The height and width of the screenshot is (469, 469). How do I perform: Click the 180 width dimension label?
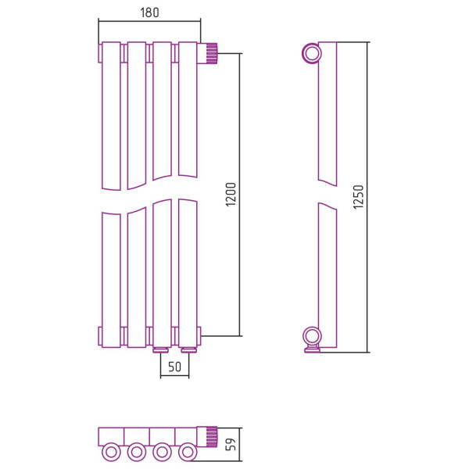point(149,13)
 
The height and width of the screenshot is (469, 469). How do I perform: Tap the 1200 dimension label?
point(231,195)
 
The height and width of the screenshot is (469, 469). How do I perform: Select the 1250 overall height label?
point(358,197)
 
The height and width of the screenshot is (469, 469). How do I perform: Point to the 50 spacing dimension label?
point(174,367)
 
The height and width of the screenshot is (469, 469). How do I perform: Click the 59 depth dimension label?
point(231,445)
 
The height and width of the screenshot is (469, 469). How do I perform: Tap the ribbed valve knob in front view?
point(212,53)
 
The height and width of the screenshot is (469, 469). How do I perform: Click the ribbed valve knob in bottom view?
point(212,437)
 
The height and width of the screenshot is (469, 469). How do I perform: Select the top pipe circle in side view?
point(312,53)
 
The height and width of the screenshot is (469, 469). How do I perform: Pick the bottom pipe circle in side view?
point(312,337)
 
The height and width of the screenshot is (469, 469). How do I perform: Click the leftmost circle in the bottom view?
point(111,452)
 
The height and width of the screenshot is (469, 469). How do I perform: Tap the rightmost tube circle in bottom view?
point(188,452)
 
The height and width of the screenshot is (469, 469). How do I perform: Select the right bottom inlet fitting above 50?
point(188,349)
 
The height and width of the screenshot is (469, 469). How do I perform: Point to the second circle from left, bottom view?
point(137,452)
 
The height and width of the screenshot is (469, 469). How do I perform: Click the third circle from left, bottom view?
point(162,452)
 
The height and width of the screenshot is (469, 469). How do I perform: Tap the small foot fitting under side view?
point(312,349)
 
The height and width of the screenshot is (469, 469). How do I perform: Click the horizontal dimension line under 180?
point(149,21)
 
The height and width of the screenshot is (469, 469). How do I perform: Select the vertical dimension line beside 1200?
point(240,195)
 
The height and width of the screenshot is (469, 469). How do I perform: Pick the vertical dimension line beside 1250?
point(367,198)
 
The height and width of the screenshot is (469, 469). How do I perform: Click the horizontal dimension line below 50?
point(174,376)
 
